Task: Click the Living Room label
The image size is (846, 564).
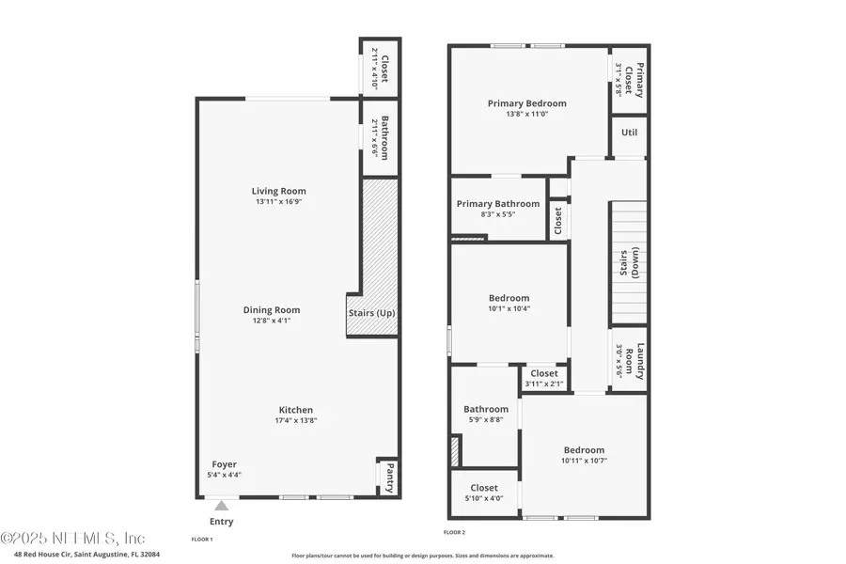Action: coord(278,191)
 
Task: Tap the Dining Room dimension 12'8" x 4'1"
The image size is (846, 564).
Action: coord(272,321)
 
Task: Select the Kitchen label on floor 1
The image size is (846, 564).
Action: coord(295,410)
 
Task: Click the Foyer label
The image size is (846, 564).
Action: coord(224,463)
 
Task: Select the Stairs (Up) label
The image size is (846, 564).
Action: coord(371,312)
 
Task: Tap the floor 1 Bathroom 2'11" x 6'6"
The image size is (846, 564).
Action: coord(379,138)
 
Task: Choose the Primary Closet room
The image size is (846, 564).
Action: coord(630,80)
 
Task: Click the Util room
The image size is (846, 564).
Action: coord(630,133)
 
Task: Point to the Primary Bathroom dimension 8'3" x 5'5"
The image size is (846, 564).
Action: coord(498,214)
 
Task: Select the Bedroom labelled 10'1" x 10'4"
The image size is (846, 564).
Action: coord(508,298)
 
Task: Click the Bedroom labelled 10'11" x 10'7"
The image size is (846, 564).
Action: coord(584,450)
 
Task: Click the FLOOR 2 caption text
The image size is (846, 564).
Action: coord(454,533)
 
